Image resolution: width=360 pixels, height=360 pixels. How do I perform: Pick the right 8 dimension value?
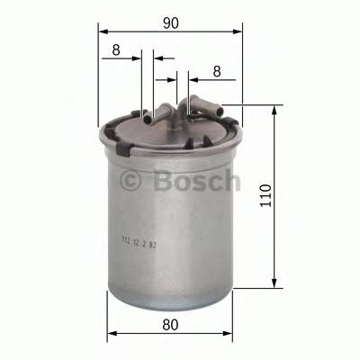point(217,70)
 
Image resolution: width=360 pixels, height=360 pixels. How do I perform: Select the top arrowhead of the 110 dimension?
point(274,109)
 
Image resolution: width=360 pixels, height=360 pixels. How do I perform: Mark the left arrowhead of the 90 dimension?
point(102,31)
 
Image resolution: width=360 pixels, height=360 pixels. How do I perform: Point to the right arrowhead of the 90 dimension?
point(238,31)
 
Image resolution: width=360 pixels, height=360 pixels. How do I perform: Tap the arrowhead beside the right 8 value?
point(184,79)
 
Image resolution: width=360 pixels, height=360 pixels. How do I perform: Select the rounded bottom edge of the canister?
point(170,290)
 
